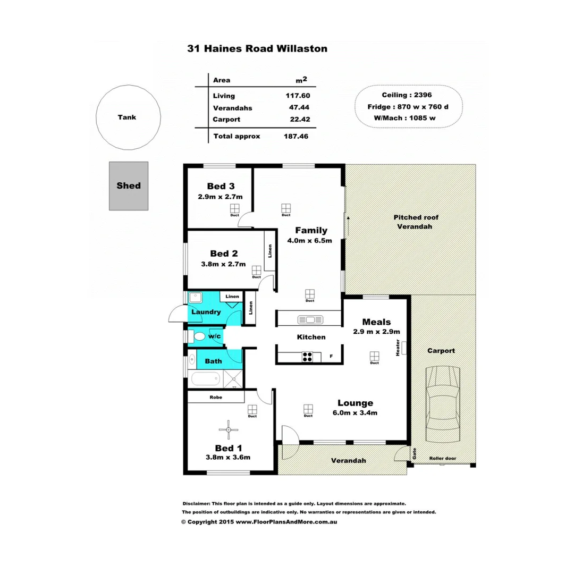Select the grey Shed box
129,185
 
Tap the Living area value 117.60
298,96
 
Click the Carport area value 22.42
298,120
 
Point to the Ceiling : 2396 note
408,95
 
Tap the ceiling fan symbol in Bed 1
228,429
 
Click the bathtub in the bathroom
205,379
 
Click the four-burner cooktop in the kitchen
308,357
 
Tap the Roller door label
443,458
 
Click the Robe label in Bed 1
215,397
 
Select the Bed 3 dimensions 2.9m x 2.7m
220,197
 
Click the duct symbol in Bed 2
256,270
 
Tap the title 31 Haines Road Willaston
257,48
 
